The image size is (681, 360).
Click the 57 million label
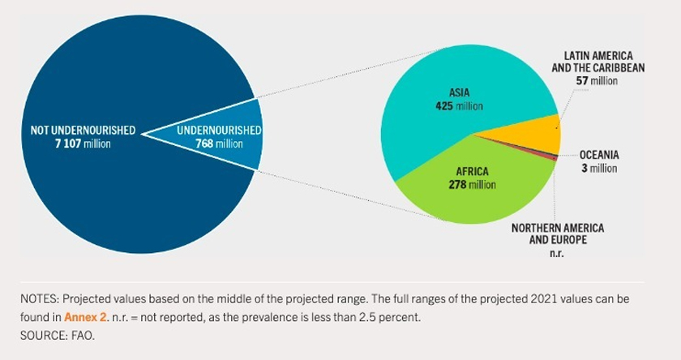pos(597,80)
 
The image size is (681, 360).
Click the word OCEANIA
pos(599,155)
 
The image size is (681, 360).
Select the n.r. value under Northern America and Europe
pos(557,254)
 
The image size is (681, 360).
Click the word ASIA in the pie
pos(460,92)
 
